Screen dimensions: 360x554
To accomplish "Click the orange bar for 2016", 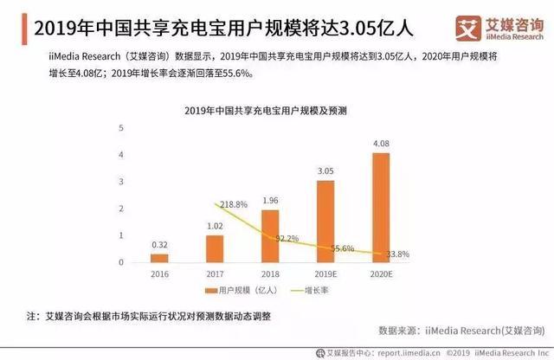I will click(x=158, y=258).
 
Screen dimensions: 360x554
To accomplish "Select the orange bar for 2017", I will click(x=214, y=249).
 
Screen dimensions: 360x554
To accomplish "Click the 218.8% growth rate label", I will click(x=233, y=204).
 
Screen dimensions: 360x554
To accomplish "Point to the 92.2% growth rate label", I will click(x=287, y=237).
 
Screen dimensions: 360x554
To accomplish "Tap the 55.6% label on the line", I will click(x=342, y=248).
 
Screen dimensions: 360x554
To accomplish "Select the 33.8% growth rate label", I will click(x=397, y=254).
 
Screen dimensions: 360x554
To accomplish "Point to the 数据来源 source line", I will click(x=454, y=330).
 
